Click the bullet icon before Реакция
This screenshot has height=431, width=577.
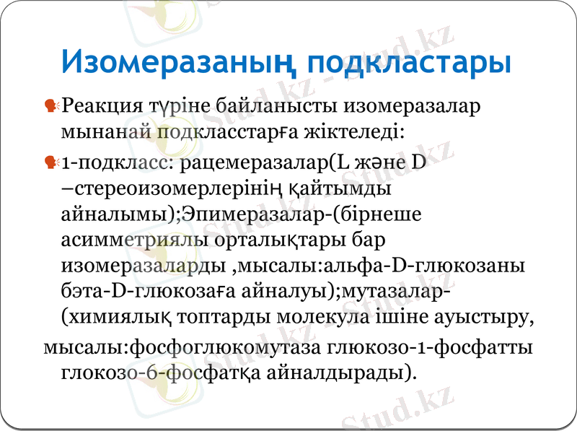click(x=51, y=107)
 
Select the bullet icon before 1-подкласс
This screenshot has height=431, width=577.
click(x=51, y=163)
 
